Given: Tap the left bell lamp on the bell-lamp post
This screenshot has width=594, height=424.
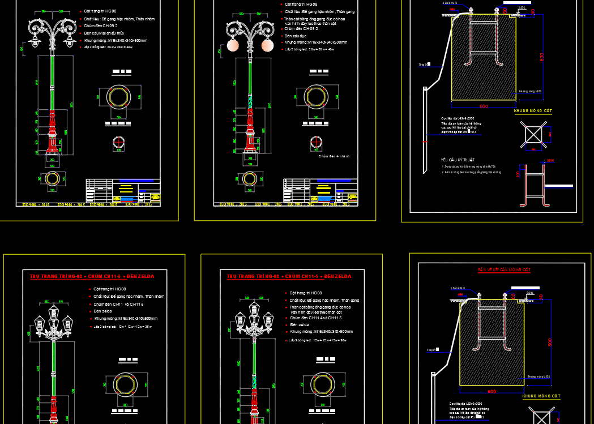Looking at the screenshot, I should pos(35,41).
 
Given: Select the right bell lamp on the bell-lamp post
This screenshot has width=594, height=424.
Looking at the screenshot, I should pos(71,41).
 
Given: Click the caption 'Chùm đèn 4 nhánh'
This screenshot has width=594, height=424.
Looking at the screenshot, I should pos(334,156).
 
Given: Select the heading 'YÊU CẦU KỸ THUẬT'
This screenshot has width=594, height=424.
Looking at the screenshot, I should pos(458,160).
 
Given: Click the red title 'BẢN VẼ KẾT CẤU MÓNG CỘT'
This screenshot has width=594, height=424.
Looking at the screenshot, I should pos(504,270).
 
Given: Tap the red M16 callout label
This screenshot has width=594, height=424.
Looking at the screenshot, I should pos(550,161).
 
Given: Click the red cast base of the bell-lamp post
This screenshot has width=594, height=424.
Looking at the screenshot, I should pos(52,133).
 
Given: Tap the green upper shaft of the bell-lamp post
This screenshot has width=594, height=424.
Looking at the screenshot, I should pos(52,79).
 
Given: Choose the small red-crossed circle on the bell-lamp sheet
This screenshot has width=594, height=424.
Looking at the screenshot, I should pos(119,144).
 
